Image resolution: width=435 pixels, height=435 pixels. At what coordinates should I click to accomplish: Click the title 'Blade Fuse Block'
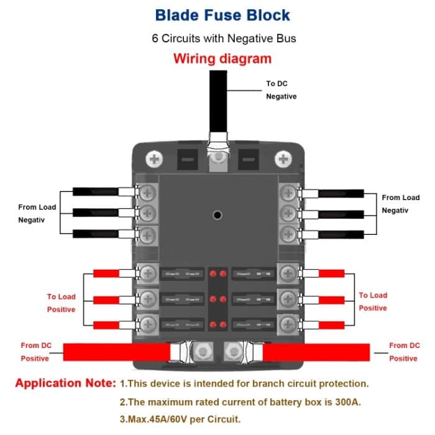222,15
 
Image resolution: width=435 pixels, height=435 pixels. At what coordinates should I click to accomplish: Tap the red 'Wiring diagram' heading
222,59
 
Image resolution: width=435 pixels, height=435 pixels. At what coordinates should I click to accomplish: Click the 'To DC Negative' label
281,89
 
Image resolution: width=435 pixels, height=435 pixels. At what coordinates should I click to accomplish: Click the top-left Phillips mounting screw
155,160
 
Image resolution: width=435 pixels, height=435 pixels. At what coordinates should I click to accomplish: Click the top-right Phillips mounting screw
284,160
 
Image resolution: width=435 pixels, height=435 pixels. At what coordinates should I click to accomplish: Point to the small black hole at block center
217,216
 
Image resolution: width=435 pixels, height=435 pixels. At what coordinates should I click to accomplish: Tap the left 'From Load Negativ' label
37,213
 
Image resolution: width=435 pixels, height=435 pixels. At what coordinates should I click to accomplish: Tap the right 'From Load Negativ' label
400,204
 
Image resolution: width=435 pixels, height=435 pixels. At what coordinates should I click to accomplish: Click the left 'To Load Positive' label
61,303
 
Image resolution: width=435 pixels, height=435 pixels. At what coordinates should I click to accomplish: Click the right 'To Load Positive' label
372,301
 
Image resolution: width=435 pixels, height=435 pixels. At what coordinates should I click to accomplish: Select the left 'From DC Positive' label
35,352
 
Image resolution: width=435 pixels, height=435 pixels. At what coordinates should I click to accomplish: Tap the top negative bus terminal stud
218,160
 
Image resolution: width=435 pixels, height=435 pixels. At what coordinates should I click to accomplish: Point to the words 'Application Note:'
65,383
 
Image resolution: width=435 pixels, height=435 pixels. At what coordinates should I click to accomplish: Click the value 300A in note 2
346,401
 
